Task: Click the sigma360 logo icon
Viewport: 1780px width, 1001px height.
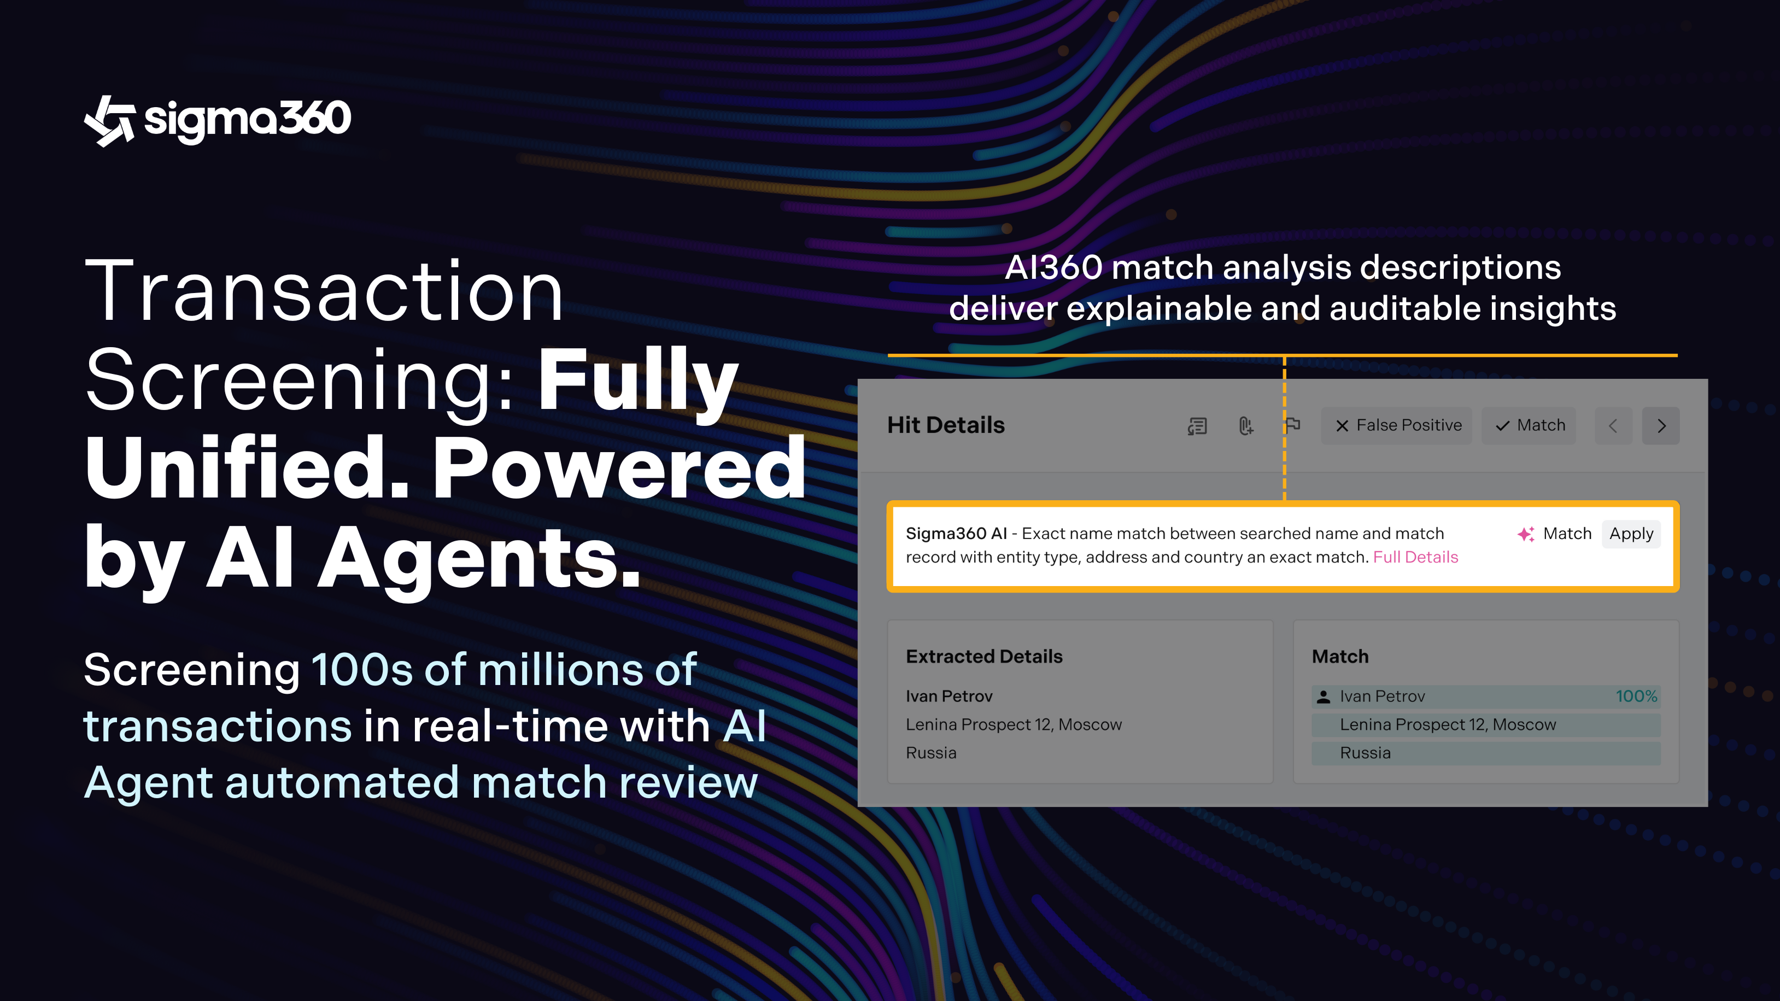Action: click(109, 121)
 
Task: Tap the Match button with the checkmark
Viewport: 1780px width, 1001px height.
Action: click(1529, 425)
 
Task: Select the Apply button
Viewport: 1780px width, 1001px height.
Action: click(1631, 534)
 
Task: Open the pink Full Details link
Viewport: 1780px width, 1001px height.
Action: click(1415, 557)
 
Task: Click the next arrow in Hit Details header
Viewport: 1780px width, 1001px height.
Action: click(1661, 425)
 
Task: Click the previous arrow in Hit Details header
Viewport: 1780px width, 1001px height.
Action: click(1613, 425)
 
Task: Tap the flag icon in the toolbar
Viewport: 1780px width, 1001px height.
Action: click(1293, 425)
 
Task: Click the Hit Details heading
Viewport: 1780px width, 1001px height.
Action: click(946, 425)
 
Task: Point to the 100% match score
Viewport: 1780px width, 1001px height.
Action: click(1636, 695)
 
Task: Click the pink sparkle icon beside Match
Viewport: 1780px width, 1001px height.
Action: click(1526, 534)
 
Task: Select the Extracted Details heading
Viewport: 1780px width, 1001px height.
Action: click(984, 656)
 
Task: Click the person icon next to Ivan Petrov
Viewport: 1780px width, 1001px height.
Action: click(1324, 696)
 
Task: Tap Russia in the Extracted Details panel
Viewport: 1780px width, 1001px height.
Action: click(932, 752)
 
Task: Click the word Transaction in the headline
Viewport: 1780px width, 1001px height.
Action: click(324, 290)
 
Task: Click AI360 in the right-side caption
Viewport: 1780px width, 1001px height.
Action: click(1053, 267)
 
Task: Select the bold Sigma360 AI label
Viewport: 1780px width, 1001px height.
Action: click(956, 534)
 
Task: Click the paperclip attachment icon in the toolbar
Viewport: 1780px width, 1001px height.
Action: click(1246, 425)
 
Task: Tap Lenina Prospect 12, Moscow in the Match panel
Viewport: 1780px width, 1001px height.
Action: click(1448, 724)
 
